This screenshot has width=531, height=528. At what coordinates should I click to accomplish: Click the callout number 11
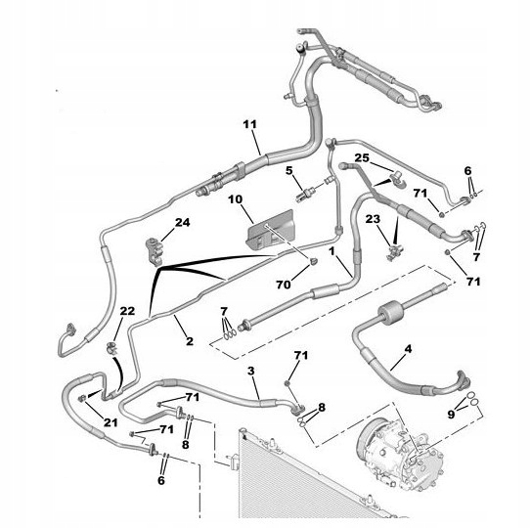click(x=250, y=124)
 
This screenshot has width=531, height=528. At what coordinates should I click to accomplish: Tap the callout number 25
click(x=362, y=157)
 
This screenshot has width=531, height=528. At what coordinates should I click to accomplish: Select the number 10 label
click(x=235, y=199)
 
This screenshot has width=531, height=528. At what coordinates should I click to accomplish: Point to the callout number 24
click(x=182, y=223)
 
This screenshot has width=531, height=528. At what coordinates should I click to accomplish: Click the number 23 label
click(x=373, y=219)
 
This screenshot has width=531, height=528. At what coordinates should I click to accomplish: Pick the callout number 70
click(x=284, y=285)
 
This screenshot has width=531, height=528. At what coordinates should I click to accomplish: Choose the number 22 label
click(x=127, y=311)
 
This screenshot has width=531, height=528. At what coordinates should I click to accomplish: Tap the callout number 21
click(x=111, y=422)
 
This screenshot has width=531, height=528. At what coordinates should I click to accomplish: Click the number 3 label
click(x=250, y=371)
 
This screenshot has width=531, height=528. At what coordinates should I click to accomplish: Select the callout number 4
click(x=409, y=349)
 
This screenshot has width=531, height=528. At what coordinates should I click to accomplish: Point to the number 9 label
click(x=451, y=414)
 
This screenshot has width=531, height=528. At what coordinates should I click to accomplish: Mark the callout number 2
click(x=190, y=341)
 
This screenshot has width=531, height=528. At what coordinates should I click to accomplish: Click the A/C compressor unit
click(x=400, y=449)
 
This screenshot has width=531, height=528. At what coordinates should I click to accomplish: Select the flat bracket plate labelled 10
click(x=270, y=230)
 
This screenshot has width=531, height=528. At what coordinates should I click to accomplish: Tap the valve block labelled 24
click(x=154, y=250)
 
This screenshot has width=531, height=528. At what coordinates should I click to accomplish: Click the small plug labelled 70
click(x=314, y=261)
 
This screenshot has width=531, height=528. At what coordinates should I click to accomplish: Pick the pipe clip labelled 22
click(x=111, y=348)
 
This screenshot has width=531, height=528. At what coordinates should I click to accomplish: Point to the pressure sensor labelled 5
click(x=304, y=195)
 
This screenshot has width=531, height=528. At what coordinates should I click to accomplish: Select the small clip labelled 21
click(x=81, y=398)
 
